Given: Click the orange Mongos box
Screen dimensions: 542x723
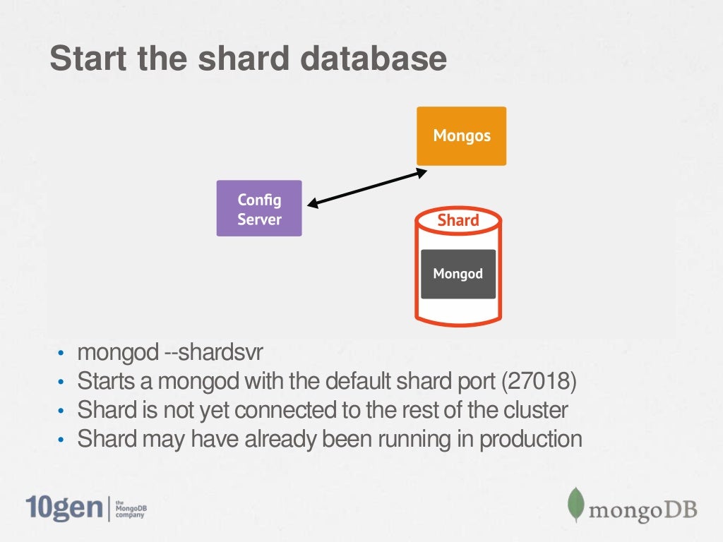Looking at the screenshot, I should click(461, 136).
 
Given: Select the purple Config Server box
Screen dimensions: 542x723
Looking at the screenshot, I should click(258, 208).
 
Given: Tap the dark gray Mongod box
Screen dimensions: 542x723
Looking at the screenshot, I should click(458, 274).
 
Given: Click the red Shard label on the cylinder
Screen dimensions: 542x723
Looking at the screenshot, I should click(458, 220).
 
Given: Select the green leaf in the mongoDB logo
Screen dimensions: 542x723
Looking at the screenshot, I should click(576, 504).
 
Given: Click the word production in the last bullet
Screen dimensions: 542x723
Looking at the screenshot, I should click(531, 439).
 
